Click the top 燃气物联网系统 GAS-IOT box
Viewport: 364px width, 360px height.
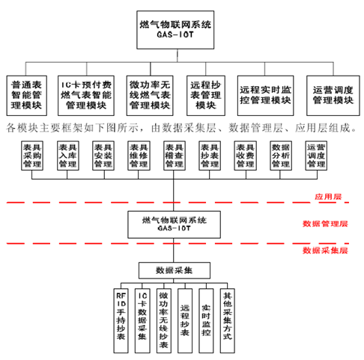point(175,30)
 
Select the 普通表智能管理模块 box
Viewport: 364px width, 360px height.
point(27,96)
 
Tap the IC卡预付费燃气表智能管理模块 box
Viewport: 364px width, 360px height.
point(86,96)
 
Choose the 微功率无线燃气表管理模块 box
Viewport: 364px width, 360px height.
point(150,96)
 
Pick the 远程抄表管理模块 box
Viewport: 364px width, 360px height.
point(206,96)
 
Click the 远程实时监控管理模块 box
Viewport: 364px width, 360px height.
point(265,96)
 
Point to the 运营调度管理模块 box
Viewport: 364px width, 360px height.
point(333,96)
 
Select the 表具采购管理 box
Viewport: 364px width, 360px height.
point(32,156)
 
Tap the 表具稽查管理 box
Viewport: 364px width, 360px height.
point(175,156)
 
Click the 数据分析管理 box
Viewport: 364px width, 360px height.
point(281,156)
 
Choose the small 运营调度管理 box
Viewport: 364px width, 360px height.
point(316,156)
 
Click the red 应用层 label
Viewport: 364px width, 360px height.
point(328,197)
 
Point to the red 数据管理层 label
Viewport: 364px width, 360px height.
point(325,224)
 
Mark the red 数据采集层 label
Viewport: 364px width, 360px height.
point(325,250)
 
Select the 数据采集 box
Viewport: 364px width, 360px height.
point(175,270)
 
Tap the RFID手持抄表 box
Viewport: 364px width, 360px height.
point(121,321)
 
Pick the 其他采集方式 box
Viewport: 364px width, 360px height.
point(227,321)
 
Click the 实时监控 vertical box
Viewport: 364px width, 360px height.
point(206,321)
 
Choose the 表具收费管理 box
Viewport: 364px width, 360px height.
point(245,156)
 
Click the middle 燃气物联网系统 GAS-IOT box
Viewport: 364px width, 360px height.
point(174,225)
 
